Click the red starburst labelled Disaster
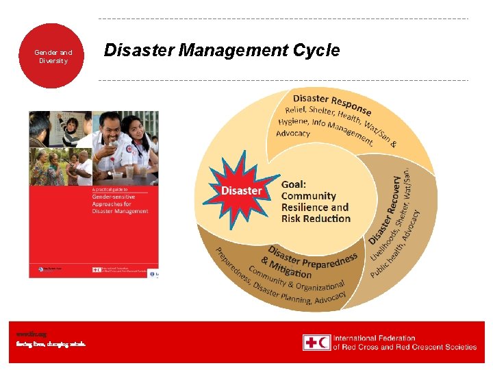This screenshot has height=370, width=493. pyautogui.click(x=241, y=190)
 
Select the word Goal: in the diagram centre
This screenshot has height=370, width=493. pyautogui.click(x=294, y=184)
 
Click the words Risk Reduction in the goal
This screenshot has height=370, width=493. pyautogui.click(x=316, y=219)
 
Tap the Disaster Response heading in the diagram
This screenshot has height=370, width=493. pyautogui.click(x=333, y=104)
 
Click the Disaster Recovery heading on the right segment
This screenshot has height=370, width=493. pyautogui.click(x=385, y=209)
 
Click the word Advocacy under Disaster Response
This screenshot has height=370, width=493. pyautogui.click(x=293, y=133)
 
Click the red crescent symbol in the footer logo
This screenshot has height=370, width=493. pyautogui.click(x=324, y=343)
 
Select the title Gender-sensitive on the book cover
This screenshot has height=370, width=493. pyautogui.click(x=114, y=196)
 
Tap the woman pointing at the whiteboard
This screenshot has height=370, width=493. pyautogui.click(x=68, y=127)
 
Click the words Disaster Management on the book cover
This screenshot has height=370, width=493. pyautogui.click(x=120, y=211)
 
